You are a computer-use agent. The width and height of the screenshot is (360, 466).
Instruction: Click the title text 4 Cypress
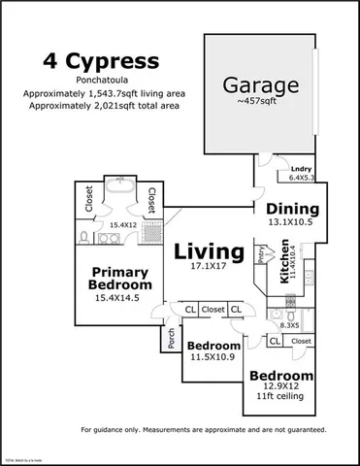[105, 61]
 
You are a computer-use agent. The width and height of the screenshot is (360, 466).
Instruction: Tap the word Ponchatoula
[103, 82]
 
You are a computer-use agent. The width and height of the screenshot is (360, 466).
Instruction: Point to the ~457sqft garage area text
[259, 100]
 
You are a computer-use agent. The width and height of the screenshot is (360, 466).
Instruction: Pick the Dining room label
[293, 208]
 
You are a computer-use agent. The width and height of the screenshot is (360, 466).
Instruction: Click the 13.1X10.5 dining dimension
[293, 221]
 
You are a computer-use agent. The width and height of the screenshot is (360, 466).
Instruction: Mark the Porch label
[171, 340]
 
